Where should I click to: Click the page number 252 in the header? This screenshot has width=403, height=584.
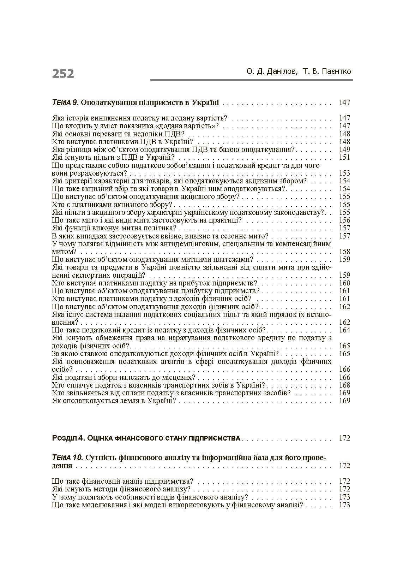coord(63,73)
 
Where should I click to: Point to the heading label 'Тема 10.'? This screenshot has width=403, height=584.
coord(67,458)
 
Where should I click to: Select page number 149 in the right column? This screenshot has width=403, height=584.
coord(344,149)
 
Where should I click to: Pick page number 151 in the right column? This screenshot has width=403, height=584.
coord(344,157)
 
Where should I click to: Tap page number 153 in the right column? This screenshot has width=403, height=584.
coord(344,173)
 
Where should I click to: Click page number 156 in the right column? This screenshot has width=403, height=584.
coord(344,220)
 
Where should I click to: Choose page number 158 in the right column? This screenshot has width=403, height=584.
coord(344,252)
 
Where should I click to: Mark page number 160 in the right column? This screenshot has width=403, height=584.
coord(344,283)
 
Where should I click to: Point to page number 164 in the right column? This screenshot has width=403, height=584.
coord(344,330)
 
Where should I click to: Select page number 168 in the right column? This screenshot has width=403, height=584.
coord(344,385)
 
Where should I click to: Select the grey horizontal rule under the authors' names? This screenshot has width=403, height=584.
coord(251,80)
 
